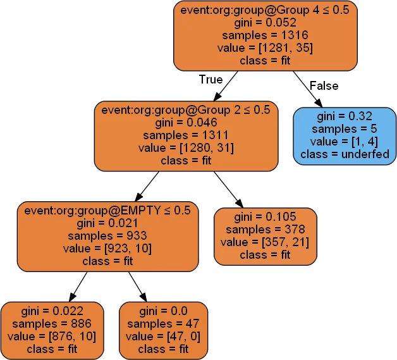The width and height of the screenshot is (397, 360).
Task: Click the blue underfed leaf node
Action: (345, 135)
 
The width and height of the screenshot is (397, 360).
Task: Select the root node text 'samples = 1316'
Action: (266, 35)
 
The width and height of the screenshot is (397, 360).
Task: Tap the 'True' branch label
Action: (211, 80)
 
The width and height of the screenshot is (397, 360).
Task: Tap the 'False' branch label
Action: (324, 85)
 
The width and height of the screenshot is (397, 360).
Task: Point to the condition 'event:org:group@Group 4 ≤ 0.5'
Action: (266, 10)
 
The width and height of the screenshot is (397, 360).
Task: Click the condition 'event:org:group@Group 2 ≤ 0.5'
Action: (186, 110)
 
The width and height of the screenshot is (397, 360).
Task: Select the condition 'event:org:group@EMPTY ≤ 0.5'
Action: (107, 210)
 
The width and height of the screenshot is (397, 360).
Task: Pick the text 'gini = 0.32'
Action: (345, 117)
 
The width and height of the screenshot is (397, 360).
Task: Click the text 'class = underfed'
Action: (345, 154)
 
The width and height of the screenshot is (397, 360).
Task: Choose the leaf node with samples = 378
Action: (265, 235)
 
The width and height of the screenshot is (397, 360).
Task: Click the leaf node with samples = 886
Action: (51, 330)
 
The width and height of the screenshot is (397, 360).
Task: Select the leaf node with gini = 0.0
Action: (163, 330)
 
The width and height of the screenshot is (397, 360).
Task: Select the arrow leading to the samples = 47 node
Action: (138, 287)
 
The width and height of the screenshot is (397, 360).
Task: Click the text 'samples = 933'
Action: (107, 235)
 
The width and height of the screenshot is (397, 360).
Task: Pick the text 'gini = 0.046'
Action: (186, 123)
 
